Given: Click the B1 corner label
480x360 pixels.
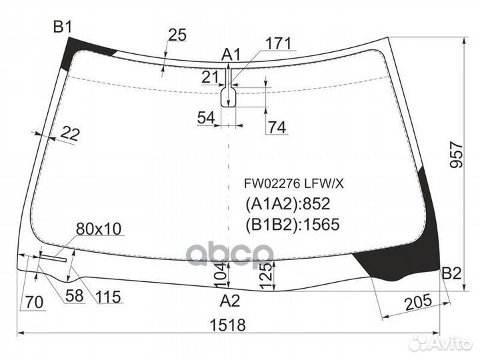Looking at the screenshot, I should pyautogui.click(x=62, y=27).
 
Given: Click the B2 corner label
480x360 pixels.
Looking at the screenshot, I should pyautogui.click(x=451, y=274).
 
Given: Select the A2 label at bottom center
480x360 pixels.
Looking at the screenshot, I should pyautogui.click(x=230, y=300).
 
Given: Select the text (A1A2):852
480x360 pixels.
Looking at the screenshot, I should pyautogui.click(x=287, y=204).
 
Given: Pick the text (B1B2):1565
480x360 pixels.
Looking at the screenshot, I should pyautogui.click(x=293, y=225).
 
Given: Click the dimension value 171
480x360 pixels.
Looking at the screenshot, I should pyautogui.click(x=279, y=44).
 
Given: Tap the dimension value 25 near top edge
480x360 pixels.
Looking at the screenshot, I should pyautogui.click(x=177, y=36).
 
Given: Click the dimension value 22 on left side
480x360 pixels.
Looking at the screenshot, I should pyautogui.click(x=69, y=134).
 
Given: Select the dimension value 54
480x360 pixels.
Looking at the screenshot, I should pyautogui.click(x=207, y=118).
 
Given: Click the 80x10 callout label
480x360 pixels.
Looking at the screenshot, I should pyautogui.click(x=98, y=229).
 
